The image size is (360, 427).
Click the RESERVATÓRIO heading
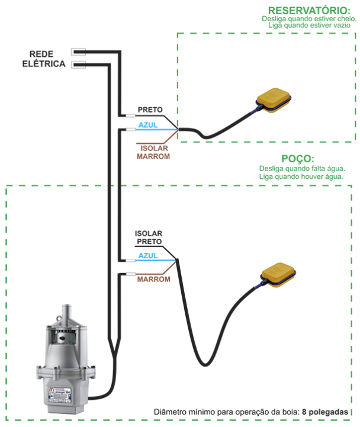coord(308,10)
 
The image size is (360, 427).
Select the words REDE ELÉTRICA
coord(44,59)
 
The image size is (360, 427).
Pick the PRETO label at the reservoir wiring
coord(150,110)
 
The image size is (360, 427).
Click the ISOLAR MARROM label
coord(153,152)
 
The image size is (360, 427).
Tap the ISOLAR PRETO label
coord(149,237)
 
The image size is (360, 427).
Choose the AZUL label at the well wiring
coord(147,256)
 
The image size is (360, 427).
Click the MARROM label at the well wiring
coord(150,278)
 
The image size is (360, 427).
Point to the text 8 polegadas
coord(327,411)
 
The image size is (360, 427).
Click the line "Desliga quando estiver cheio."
coord(308,19)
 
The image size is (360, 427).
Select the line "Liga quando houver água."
coord(301,176)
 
